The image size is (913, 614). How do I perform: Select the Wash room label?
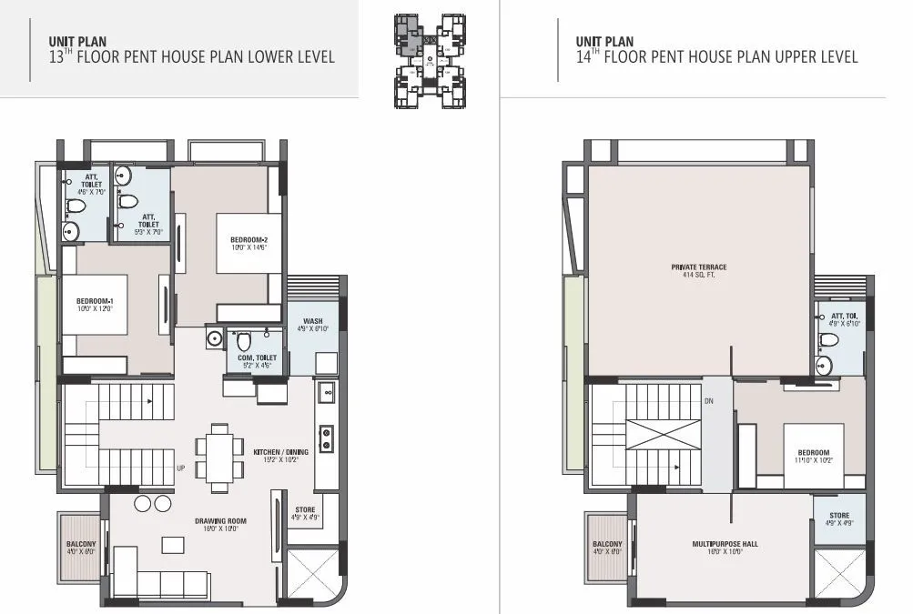[313, 321]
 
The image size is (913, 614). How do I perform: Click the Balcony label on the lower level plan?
[81, 545]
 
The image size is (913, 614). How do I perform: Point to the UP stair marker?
[179, 469]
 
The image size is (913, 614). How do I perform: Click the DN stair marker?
[708, 401]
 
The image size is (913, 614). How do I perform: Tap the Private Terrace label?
[699, 267]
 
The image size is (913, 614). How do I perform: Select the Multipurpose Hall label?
[725, 544]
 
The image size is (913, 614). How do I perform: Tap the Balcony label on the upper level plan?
[608, 545]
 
